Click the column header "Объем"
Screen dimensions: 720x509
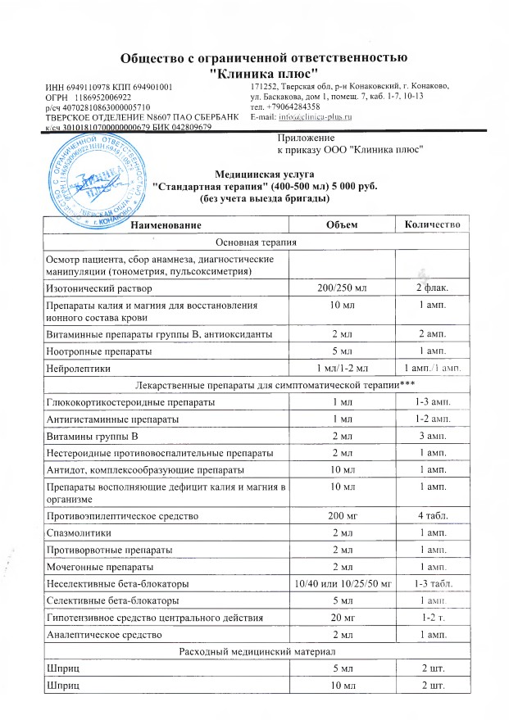(x=343, y=224)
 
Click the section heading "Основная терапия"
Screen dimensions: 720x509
(x=255, y=242)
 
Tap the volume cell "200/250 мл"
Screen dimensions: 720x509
(x=343, y=288)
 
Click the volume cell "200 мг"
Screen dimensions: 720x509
(x=343, y=517)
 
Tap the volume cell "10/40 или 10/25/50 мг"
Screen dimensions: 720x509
(x=343, y=583)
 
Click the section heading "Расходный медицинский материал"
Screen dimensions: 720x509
(x=255, y=651)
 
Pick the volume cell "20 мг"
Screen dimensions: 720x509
(x=343, y=617)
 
